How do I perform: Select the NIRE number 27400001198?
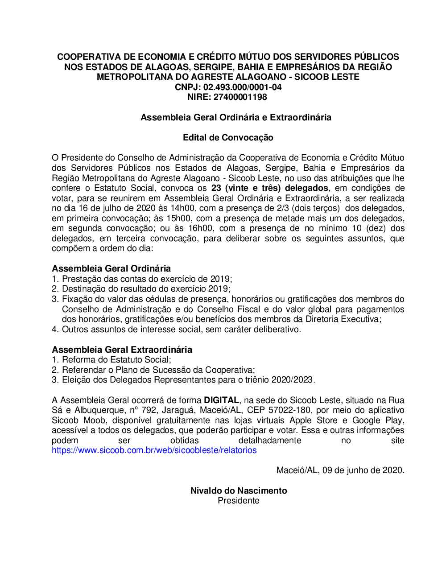[240, 97]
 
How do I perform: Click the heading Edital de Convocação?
[228, 137]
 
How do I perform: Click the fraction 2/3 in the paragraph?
[282, 208]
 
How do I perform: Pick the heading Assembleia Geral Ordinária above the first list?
[111, 268]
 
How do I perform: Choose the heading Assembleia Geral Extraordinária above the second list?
[122, 350]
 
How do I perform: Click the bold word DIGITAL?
[221, 400]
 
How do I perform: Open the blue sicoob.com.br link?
[154, 450]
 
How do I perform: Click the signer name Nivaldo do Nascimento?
[239, 490]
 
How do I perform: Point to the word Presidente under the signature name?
[239, 501]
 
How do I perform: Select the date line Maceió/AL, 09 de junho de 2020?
[340, 470]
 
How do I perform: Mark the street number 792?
[149, 410]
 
